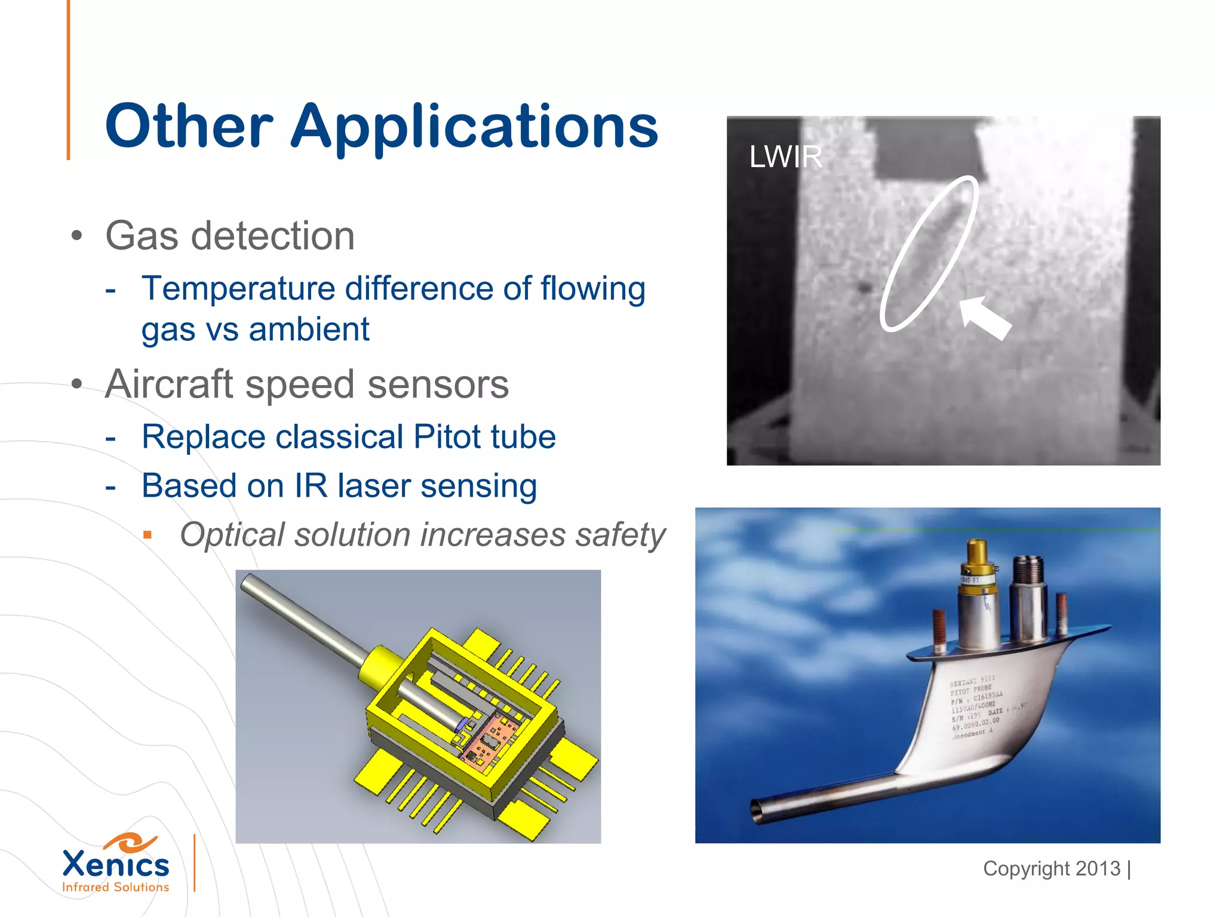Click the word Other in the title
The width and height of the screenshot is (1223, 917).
(189, 127)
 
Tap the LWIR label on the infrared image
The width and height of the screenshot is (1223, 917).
(785, 157)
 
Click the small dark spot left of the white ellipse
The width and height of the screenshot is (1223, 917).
(864, 288)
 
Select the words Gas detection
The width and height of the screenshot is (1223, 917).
(230, 236)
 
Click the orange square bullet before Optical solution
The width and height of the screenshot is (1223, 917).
(148, 535)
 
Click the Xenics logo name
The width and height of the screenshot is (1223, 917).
(116, 864)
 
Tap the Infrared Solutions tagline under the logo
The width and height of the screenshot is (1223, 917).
(116, 887)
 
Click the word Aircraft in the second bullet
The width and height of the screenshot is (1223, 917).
(168, 384)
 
